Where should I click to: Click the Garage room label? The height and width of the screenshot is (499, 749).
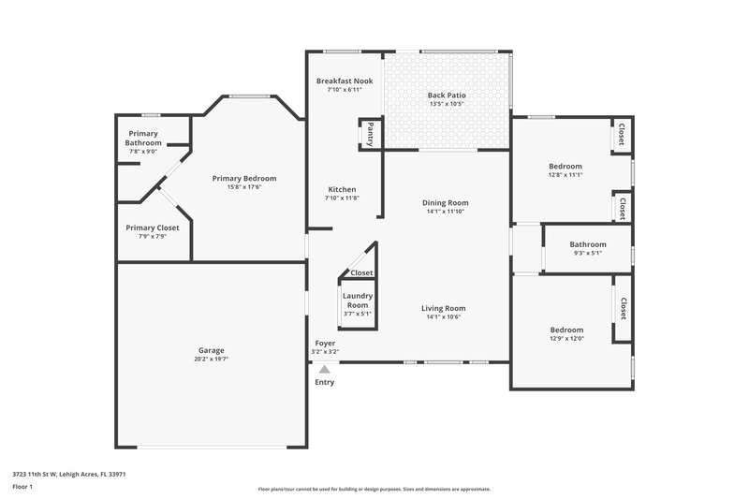point(211,350)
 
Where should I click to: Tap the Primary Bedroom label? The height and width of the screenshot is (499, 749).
point(244,178)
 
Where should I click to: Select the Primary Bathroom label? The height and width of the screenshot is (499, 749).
point(143,139)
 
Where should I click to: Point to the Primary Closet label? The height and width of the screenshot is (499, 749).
point(153,227)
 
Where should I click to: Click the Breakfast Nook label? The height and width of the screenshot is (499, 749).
point(345,81)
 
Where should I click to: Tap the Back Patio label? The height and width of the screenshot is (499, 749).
point(447,95)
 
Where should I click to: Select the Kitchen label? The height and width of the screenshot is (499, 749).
point(341,189)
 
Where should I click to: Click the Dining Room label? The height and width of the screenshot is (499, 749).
point(446,202)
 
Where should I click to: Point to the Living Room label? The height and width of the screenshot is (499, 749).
point(444,308)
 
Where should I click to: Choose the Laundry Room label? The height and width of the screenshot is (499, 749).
point(358,300)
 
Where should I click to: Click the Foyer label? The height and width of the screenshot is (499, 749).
point(325,344)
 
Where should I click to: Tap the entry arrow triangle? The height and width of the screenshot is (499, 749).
point(324,370)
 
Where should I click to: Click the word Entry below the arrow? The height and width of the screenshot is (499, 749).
point(324,382)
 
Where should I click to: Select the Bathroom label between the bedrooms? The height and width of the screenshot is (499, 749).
point(588,244)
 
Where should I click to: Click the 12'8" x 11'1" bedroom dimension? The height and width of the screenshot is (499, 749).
point(565,174)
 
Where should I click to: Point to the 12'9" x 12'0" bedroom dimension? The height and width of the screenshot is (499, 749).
point(566,339)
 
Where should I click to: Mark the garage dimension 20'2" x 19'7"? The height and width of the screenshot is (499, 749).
point(211,359)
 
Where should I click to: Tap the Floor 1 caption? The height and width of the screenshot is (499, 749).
point(22,488)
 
